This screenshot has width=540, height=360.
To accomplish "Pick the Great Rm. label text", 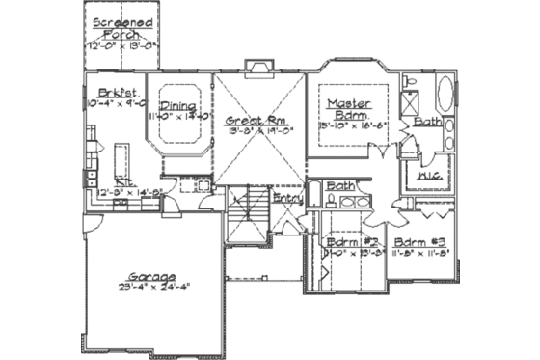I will [252, 122].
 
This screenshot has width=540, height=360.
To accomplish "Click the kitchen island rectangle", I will [121, 155].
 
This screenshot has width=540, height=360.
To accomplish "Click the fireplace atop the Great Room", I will [257, 68].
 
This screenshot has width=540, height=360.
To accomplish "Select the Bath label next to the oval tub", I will [427, 123].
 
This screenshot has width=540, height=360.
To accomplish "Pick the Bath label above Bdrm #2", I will [339, 185].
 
